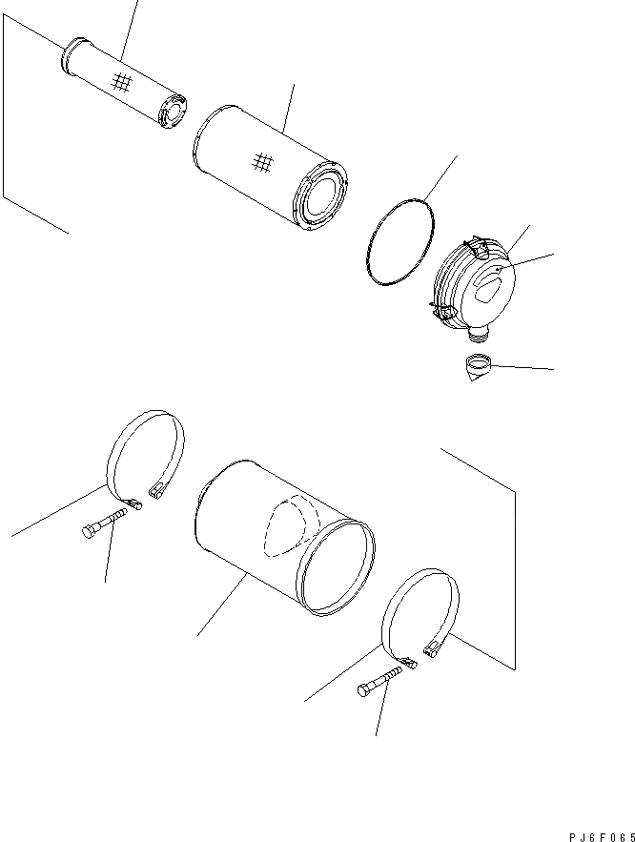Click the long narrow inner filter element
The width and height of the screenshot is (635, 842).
click(124, 83)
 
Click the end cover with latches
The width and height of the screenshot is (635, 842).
click(472, 290)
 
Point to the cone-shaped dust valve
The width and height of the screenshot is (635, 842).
click(478, 368)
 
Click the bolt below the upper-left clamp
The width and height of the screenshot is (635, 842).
click(105, 522)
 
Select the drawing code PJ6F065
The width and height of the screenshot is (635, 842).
click(602, 837)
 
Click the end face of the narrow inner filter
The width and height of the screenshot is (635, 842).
click(173, 113)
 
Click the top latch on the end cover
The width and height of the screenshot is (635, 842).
click(476, 246)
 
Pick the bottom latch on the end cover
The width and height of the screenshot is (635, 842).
click(441, 312)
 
